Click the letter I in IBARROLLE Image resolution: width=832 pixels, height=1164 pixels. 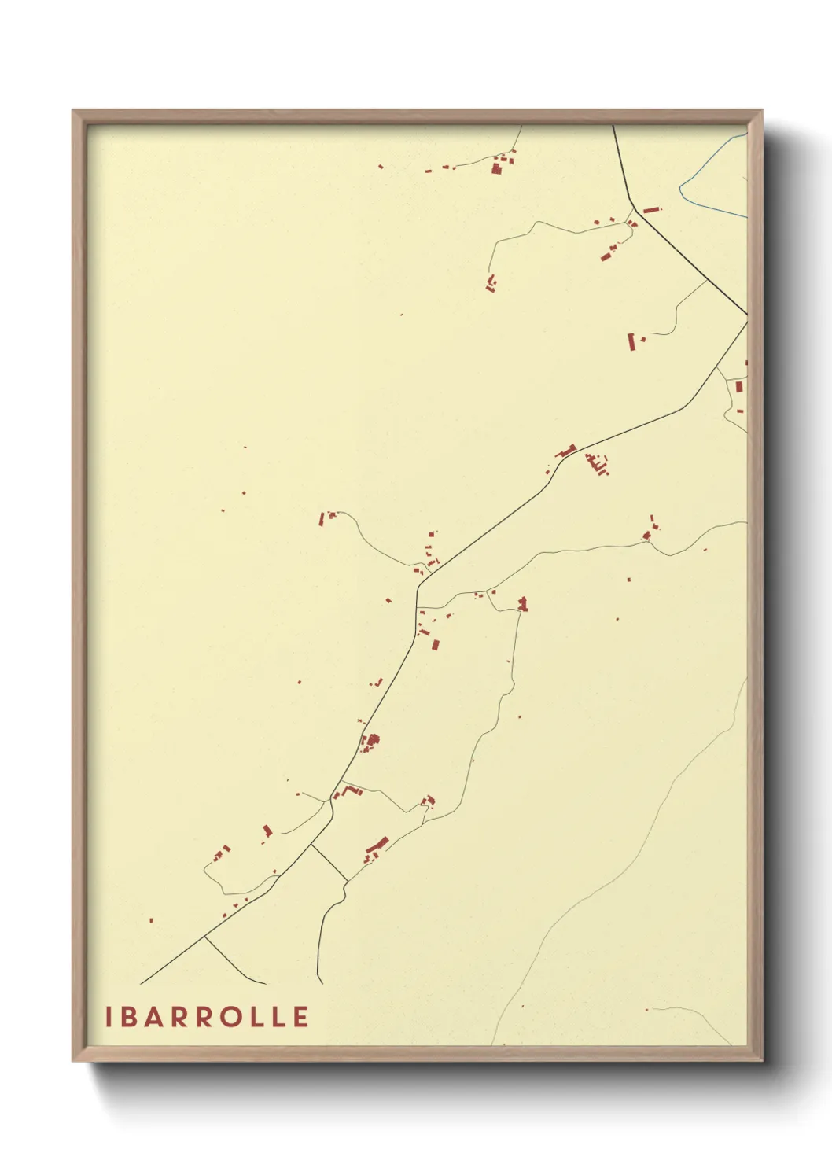point(109,1017)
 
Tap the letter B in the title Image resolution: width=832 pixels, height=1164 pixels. point(131,1017)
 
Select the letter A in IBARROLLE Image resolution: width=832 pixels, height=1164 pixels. point(156,1017)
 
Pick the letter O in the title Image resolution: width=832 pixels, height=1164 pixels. point(230,1017)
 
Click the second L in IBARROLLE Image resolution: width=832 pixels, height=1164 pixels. point(278,1017)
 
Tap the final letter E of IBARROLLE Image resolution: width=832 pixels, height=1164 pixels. point(300,1017)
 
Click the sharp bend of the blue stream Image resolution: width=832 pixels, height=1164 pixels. point(681,188)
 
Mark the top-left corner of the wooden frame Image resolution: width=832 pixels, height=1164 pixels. point(73,111)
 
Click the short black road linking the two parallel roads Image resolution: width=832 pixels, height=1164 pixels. point(329,863)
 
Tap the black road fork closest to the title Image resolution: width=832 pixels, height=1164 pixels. point(205,937)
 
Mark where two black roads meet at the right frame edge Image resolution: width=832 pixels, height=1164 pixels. point(745,316)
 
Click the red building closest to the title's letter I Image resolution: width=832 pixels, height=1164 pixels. point(151,920)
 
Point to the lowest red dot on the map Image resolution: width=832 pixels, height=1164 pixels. point(646,1009)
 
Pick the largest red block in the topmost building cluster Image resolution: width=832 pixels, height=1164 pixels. point(497,167)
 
